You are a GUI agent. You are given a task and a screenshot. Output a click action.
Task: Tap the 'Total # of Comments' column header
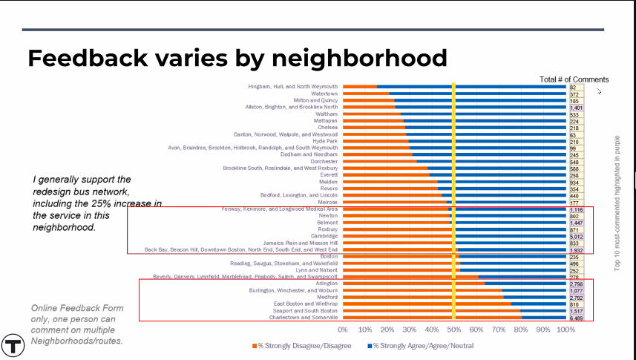(x=574, y=79)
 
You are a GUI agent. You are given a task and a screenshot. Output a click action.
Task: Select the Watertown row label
(x=324, y=94)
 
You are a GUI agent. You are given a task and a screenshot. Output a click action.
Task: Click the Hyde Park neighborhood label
(x=325, y=141)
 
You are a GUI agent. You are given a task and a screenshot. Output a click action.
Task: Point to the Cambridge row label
(x=324, y=236)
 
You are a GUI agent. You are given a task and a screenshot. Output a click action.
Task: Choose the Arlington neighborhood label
(x=327, y=284)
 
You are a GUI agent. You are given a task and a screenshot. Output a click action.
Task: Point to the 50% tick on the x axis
(x=453, y=330)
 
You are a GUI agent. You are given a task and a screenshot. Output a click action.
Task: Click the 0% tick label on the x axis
(x=343, y=330)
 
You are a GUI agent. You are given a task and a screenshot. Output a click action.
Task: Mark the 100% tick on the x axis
(x=565, y=330)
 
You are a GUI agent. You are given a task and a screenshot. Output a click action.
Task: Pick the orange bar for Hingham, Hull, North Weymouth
(x=359, y=87)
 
